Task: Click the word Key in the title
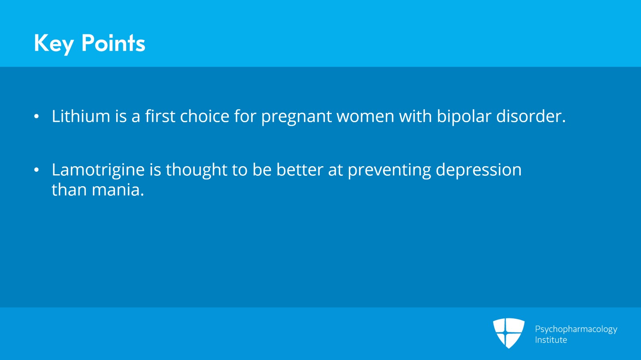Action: pyautogui.click(x=53, y=44)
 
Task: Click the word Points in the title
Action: pyautogui.click(x=113, y=43)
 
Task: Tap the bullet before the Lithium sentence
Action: pyautogui.click(x=36, y=117)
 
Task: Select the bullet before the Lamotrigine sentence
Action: pyautogui.click(x=36, y=170)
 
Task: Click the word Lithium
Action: pyautogui.click(x=81, y=116)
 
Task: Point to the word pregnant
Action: pyautogui.click(x=296, y=117)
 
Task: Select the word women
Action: pyautogui.click(x=365, y=117)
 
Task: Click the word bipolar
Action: pyautogui.click(x=464, y=117)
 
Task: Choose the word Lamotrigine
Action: pyautogui.click(x=98, y=170)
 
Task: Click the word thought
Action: pyautogui.click(x=196, y=170)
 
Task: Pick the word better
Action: pyautogui.click(x=299, y=170)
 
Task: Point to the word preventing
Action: pyautogui.click(x=389, y=170)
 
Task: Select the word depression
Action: pyautogui.click(x=478, y=170)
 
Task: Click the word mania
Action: pyautogui.click(x=117, y=190)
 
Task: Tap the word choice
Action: pyautogui.click(x=204, y=116)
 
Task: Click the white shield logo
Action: pyautogui.click(x=508, y=332)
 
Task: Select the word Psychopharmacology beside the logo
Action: pyautogui.click(x=576, y=329)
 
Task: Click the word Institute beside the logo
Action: pyautogui.click(x=551, y=340)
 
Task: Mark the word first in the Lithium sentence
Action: pyautogui.click(x=160, y=116)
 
